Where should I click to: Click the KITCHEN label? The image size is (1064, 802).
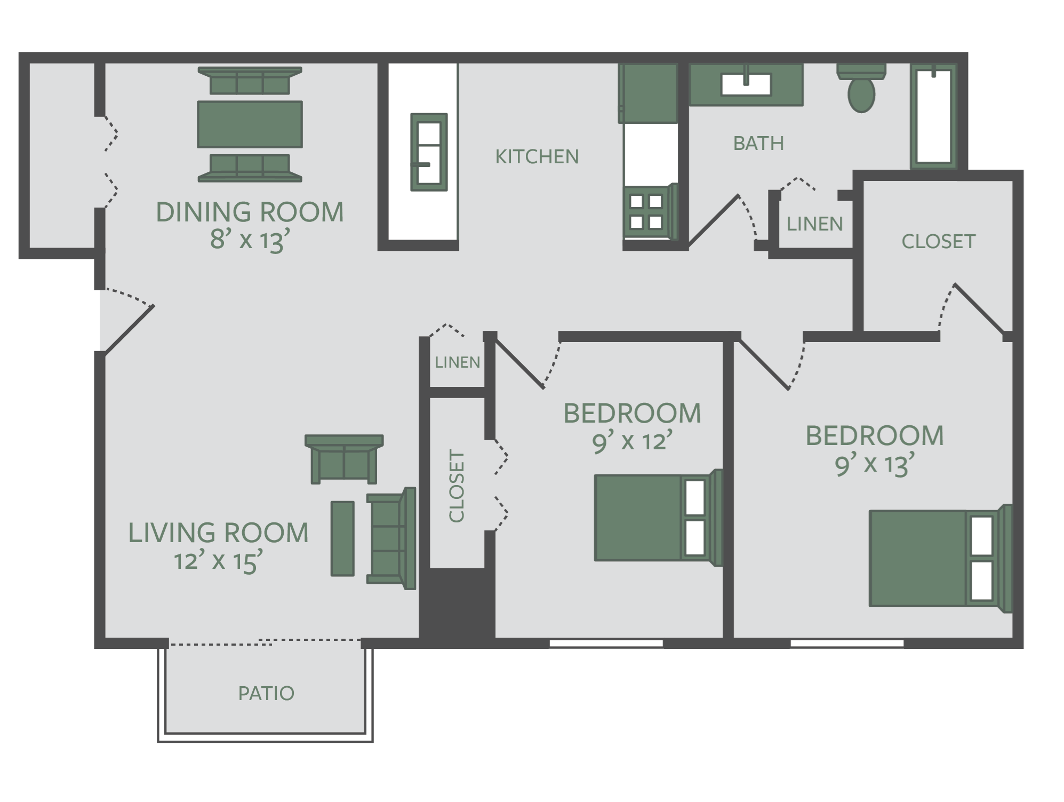click(537, 157)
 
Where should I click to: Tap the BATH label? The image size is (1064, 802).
click(758, 144)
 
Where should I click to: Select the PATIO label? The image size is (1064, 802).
click(266, 694)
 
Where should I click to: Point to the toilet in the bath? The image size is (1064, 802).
click(861, 88)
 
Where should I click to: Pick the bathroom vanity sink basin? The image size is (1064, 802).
click(746, 84)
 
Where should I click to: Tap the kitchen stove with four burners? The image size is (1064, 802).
click(649, 211)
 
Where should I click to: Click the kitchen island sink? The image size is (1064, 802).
click(429, 152)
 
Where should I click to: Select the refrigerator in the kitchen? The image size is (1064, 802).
click(648, 93)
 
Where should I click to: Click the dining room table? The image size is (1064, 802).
click(250, 124)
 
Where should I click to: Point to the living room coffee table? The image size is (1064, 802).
click(342, 538)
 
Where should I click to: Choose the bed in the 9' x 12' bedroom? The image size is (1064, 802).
click(658, 518)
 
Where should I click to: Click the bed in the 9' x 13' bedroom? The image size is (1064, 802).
click(940, 558)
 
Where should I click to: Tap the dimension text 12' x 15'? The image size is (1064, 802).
click(219, 561)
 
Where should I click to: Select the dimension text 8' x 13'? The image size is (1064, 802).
click(250, 240)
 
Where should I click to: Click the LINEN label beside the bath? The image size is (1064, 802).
click(814, 224)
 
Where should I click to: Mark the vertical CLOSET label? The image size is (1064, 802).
click(457, 486)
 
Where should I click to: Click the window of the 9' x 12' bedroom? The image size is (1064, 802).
click(606, 644)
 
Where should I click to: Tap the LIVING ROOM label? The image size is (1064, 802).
click(218, 533)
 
